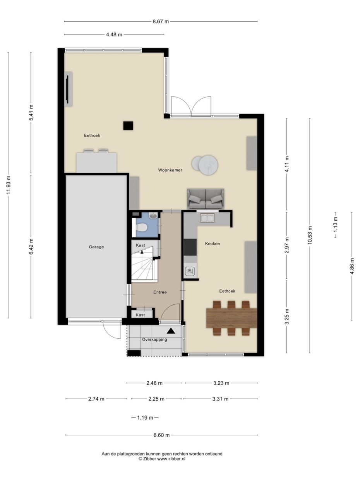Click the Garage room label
coord(96,247)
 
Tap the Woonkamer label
coord(170,170)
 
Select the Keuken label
coord(213,243)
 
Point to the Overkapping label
coord(154,339)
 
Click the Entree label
coord(159,292)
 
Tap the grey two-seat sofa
coord(205,199)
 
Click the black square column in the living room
coord(128,126)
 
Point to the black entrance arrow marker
coord(170,331)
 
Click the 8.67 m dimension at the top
coord(161,22)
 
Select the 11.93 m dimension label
coord(9,185)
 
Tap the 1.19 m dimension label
coord(145,418)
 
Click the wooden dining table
coord(232,318)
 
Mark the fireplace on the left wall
coord(68,89)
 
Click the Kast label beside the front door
coord(141,315)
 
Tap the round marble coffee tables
coord(206,164)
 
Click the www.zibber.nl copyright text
coord(162,459)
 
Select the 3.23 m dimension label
coord(221,383)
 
